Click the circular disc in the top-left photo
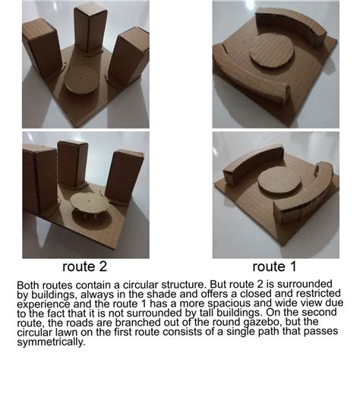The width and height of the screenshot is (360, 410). [82, 80]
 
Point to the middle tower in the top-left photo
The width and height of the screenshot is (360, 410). [90, 29]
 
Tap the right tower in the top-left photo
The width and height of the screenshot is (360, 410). [128, 56]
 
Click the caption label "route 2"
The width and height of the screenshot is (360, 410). [85, 266]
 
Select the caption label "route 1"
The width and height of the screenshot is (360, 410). [275, 266]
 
